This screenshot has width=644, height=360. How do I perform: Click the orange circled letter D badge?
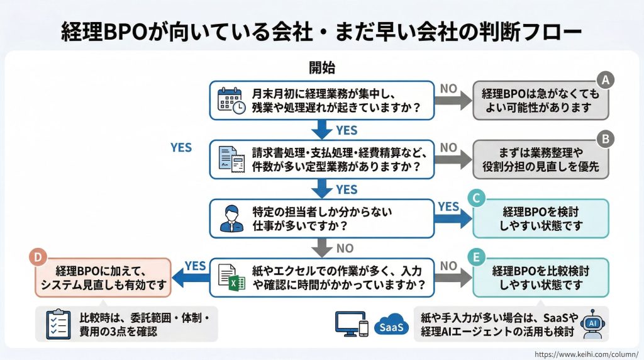[38, 257]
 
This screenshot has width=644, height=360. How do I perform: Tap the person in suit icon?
[231, 218]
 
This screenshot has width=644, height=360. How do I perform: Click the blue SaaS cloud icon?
[391, 326]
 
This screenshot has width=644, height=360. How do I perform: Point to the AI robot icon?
[592, 323]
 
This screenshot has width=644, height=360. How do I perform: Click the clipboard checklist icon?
[58, 323]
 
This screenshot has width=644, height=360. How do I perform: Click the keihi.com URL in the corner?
[586, 354]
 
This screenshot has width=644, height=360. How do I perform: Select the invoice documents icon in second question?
[231, 159]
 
